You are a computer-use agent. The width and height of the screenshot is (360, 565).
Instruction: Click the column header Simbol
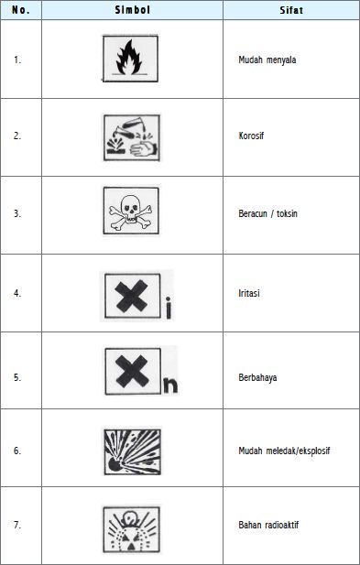click(x=132, y=10)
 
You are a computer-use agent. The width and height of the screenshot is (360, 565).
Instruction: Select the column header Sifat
click(x=291, y=10)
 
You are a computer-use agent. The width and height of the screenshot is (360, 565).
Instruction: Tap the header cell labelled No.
click(x=20, y=10)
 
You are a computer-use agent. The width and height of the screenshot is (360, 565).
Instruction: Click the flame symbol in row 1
click(x=130, y=58)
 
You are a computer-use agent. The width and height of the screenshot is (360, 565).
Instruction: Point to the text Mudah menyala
click(x=267, y=60)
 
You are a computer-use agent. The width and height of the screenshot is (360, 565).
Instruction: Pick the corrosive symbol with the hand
click(x=132, y=137)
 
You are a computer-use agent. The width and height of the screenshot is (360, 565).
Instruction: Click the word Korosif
click(x=251, y=136)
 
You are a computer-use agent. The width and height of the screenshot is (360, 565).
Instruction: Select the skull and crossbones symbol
click(x=131, y=211)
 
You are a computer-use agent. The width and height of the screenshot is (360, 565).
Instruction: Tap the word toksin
click(x=287, y=213)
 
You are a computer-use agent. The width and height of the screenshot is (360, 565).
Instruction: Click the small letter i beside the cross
click(x=169, y=308)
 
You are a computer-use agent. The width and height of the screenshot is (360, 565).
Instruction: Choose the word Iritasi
click(x=249, y=293)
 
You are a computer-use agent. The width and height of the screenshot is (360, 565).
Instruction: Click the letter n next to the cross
click(x=170, y=386)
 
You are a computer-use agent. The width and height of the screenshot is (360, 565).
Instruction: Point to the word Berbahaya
click(x=257, y=377)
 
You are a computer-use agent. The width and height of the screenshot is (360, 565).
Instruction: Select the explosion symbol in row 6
click(x=132, y=451)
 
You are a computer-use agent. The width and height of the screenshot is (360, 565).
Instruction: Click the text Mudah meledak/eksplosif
click(x=284, y=451)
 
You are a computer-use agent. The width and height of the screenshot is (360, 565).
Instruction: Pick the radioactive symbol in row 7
click(x=131, y=529)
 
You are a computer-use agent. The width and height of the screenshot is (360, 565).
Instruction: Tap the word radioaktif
click(x=283, y=525)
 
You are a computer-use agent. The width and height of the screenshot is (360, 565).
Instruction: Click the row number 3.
click(x=16, y=213)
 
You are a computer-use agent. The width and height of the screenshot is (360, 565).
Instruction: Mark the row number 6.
click(x=16, y=451)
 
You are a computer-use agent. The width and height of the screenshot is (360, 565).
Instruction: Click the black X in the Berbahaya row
click(x=132, y=371)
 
